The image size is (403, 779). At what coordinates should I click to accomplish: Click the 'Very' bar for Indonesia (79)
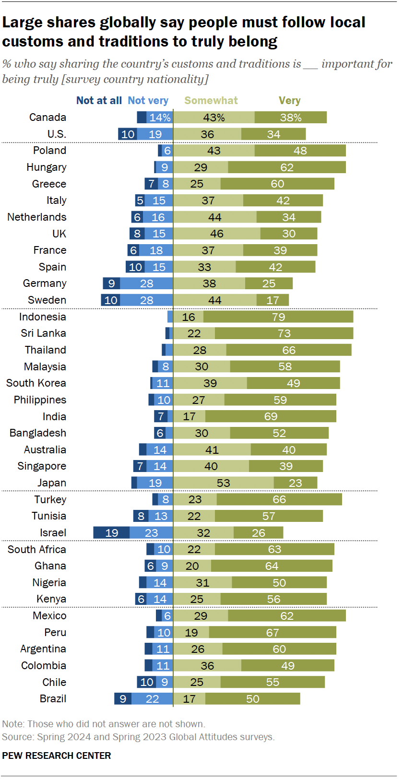278,317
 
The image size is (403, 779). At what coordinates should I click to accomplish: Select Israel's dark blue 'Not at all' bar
111,532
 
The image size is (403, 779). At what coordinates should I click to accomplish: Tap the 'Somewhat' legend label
211,101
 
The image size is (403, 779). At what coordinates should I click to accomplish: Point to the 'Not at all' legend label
99,101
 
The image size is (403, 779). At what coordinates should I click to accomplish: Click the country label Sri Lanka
43,333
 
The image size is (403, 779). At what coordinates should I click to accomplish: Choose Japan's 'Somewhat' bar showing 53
223,483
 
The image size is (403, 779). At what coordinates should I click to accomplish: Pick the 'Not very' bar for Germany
146,283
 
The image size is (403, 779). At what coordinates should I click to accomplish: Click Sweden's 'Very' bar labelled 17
273,300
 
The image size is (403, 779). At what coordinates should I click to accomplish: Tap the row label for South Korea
36,383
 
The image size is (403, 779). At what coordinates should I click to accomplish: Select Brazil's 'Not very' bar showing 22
152,699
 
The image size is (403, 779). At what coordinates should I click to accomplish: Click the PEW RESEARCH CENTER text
57,755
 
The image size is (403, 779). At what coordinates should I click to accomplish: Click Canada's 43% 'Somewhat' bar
213,118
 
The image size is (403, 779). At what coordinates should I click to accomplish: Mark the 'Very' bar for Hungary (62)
286,167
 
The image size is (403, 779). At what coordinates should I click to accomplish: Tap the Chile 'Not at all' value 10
147,682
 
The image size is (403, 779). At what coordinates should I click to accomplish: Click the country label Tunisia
49,516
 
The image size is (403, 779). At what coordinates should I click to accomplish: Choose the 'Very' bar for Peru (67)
272,632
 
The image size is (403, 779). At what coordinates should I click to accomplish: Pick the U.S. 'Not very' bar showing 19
155,134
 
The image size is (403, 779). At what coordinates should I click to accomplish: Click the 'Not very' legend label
148,101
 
